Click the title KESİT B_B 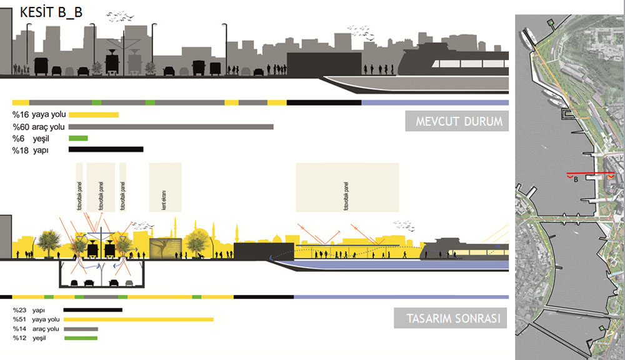[x=51, y=12]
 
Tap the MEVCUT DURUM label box [x=456, y=121]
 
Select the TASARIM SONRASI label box [x=450, y=319]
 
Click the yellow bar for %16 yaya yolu [x=93, y=114]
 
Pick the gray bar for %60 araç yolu [x=171, y=126]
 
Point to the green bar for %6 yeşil [x=78, y=138]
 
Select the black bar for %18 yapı [x=106, y=149]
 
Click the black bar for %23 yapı [x=93, y=309]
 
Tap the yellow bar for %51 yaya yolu [x=138, y=319]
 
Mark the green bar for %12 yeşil [x=81, y=338]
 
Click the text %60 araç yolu [x=36, y=127]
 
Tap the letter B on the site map [x=575, y=181]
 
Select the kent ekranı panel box [x=165, y=187]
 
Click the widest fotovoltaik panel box [x=347, y=187]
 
